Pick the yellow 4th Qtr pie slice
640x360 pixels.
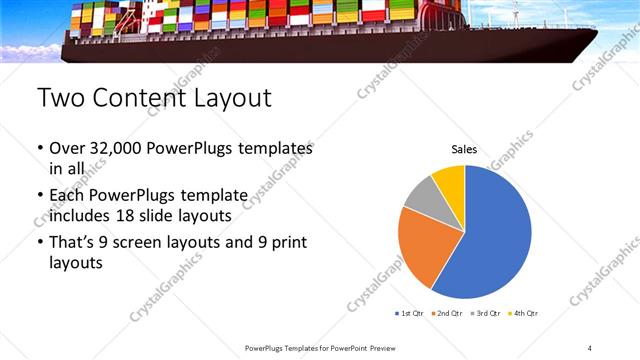coord(450,180)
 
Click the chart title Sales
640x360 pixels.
coord(464,149)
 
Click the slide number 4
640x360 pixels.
coord(590,347)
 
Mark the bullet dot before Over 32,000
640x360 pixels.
coord(39,149)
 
